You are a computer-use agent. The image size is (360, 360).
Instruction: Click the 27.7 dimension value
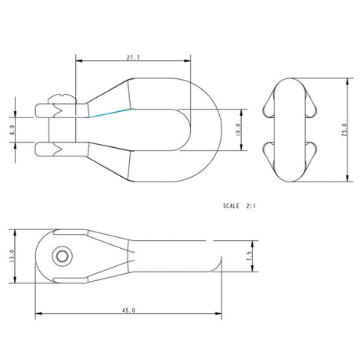point(133,58)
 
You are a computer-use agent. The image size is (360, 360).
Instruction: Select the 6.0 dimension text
point(12,128)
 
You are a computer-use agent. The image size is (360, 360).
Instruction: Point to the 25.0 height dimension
point(344,129)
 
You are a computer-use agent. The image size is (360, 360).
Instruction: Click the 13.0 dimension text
point(12,256)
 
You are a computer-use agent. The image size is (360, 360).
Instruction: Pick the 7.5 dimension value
point(250,256)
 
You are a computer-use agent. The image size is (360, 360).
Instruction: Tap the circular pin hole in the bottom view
point(60,256)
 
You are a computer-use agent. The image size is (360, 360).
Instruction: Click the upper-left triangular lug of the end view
point(268,106)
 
